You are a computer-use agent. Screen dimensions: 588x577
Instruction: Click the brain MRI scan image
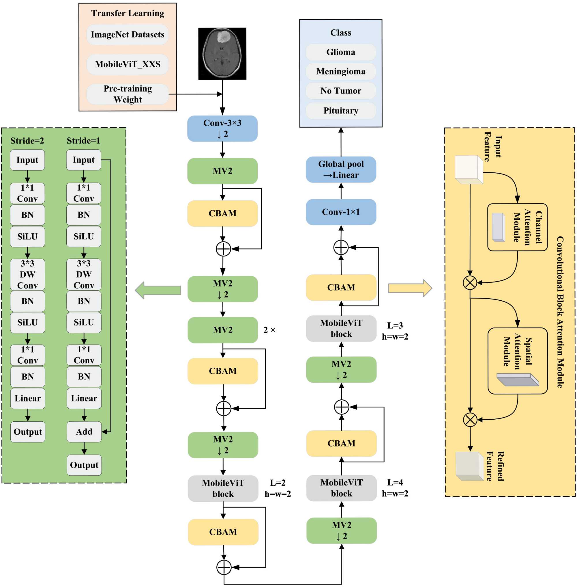[x=222, y=54]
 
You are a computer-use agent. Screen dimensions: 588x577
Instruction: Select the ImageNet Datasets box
[x=128, y=35]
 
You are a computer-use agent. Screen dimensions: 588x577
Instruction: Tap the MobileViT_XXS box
[x=128, y=64]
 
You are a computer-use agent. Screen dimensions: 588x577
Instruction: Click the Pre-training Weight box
[x=128, y=94]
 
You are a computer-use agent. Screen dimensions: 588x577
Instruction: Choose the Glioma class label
[x=341, y=52]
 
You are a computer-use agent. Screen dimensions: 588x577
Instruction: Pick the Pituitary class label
[x=341, y=111]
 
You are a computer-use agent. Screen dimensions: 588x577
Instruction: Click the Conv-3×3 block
[x=222, y=128]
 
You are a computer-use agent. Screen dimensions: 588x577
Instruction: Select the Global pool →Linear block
[x=341, y=170]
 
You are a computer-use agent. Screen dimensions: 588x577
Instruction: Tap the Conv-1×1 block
[x=341, y=212]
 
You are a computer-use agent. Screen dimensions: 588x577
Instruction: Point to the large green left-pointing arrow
[x=158, y=290]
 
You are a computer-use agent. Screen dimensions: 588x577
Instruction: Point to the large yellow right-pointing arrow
[x=410, y=288]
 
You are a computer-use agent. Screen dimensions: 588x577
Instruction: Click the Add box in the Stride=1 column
[x=84, y=431]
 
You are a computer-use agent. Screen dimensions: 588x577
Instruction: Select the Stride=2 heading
[x=27, y=141]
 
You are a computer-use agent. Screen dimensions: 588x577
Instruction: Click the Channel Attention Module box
[x=517, y=227]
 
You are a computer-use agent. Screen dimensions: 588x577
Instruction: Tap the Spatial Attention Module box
[x=517, y=361]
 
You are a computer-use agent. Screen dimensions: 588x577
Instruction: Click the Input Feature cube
[x=469, y=169]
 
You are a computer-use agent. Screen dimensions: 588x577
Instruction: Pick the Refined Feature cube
[x=469, y=466]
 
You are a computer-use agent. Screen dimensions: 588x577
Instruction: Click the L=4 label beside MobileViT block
[x=395, y=482]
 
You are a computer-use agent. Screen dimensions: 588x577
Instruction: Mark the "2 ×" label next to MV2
[x=269, y=330]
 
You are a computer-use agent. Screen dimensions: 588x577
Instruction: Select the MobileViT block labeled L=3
[x=341, y=329]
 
